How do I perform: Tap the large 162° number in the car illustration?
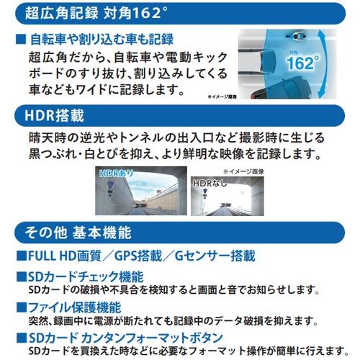click(x=303, y=63)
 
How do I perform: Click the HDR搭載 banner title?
click(x=54, y=116)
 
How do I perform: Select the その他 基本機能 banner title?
click(x=78, y=233)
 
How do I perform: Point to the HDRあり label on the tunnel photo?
click(x=116, y=174)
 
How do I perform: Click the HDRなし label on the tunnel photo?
click(x=210, y=183)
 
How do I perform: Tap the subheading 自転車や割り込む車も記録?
click(x=102, y=40)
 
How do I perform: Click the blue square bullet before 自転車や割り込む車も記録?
click(x=21, y=40)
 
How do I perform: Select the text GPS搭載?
click(x=138, y=256)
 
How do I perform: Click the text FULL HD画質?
click(x=65, y=256)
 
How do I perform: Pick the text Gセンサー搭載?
click(x=215, y=256)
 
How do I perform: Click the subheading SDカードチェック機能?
click(x=86, y=276)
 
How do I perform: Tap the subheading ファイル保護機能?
click(x=75, y=307)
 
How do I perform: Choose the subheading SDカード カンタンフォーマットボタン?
click(x=126, y=338)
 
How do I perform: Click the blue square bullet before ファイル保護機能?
click(x=22, y=307)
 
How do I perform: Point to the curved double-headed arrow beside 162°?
click(x=325, y=64)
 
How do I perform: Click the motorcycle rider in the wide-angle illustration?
click(x=295, y=36)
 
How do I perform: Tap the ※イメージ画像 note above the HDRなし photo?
click(x=243, y=171)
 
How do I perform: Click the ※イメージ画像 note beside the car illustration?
click(x=222, y=96)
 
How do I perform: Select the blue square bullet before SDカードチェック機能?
click(x=22, y=276)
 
